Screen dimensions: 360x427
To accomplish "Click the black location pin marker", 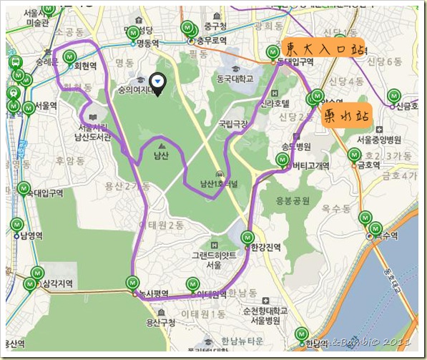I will (159, 84).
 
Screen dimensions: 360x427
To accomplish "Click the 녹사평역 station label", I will (153, 293).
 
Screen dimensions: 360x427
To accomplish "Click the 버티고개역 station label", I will (310, 165).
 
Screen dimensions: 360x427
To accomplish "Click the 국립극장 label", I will (232, 123).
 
